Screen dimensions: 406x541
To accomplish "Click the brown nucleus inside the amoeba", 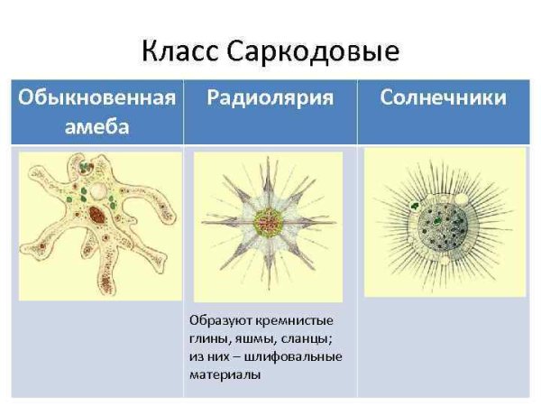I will point(97,215).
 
